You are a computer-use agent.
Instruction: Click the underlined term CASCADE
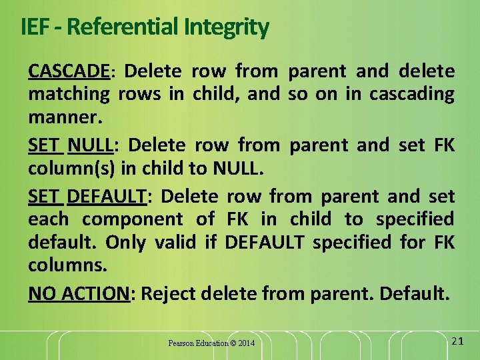69,71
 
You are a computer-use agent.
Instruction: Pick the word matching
69,94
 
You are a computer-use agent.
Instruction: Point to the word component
133,219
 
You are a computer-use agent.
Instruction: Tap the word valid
177,243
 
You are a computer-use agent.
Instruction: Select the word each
48,219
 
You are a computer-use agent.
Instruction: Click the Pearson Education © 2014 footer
211,343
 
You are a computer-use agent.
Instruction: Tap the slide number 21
457,341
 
